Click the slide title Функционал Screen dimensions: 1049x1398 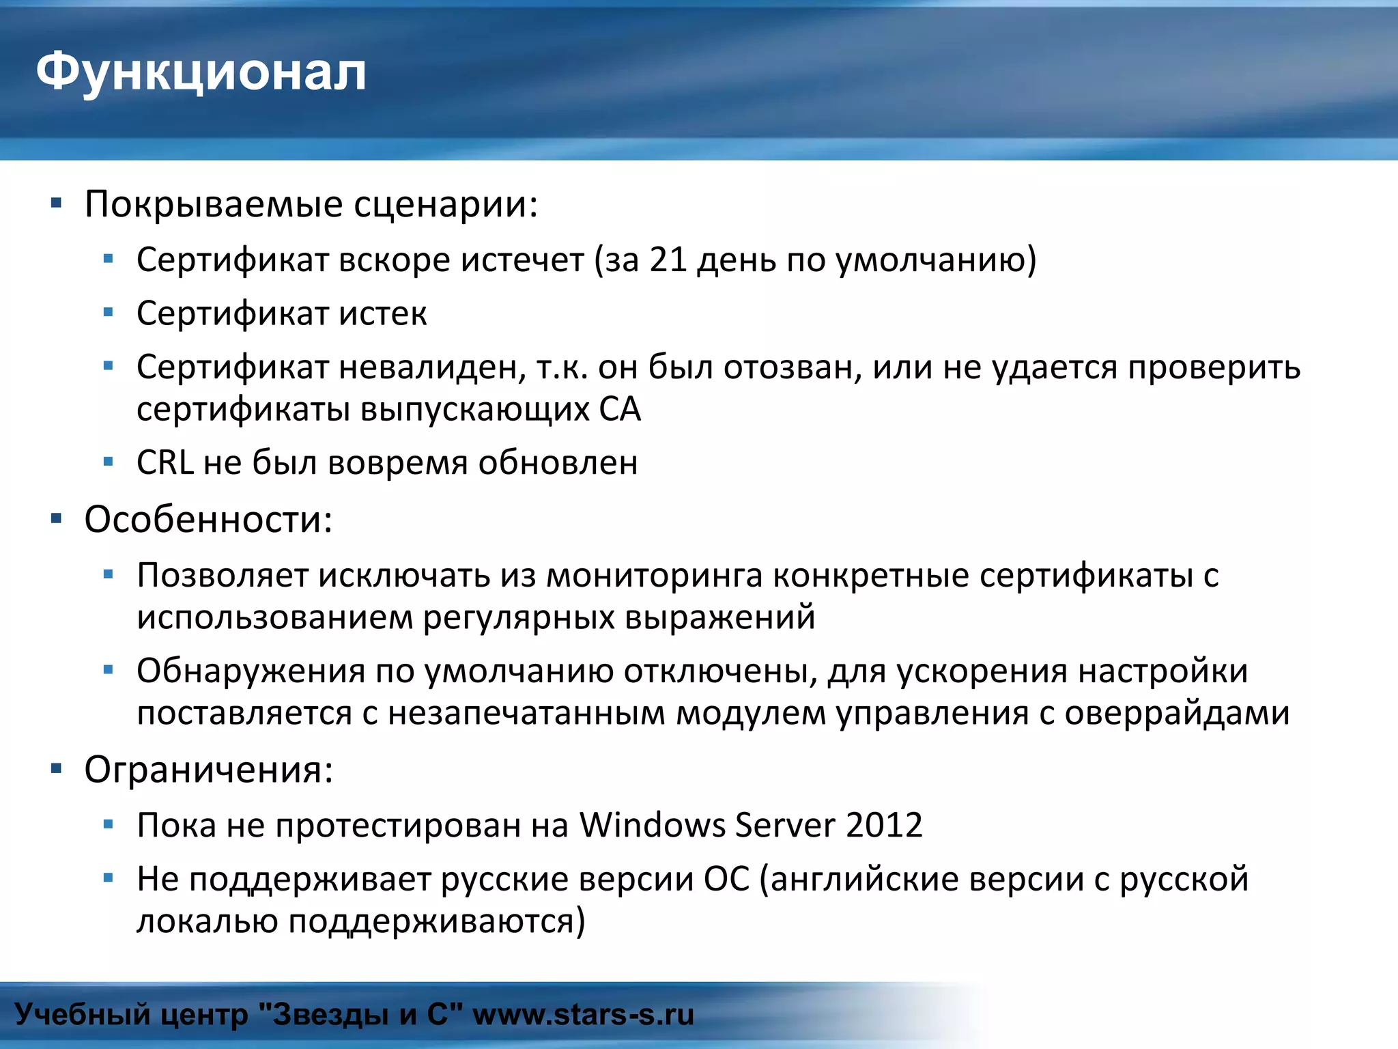click(x=201, y=72)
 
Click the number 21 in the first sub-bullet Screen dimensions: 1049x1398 click(x=668, y=260)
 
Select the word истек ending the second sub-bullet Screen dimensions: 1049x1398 click(x=383, y=314)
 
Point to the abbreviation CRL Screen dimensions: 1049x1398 click(x=165, y=463)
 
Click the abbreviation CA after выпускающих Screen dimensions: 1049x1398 click(x=620, y=410)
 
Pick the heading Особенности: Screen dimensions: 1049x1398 click(x=208, y=520)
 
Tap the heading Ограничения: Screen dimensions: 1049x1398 click(x=208, y=770)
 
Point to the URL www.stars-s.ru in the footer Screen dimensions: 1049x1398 click(x=583, y=1015)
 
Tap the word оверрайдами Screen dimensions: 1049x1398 click(x=1177, y=714)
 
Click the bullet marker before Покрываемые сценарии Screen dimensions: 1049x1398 click(x=56, y=203)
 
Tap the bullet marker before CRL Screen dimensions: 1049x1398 click(x=108, y=462)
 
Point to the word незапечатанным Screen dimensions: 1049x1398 click(x=526, y=714)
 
